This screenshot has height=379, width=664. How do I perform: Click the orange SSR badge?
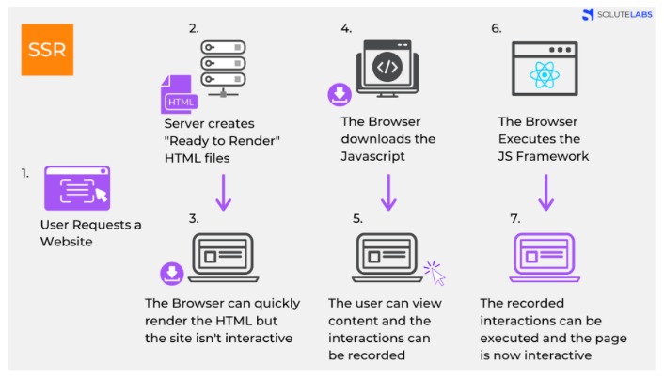click(x=47, y=49)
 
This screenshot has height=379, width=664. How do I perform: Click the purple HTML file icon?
click(x=180, y=95)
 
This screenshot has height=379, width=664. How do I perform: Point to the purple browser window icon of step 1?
click(x=77, y=188)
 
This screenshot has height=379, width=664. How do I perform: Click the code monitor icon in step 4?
click(x=387, y=69)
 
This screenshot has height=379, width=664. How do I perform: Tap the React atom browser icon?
click(x=543, y=71)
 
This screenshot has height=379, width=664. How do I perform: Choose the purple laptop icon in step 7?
click(x=543, y=257)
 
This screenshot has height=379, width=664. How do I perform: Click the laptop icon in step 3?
click(x=224, y=258)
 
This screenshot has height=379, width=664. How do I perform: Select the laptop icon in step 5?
click(x=386, y=258)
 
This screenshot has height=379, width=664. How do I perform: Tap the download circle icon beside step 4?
click(x=338, y=93)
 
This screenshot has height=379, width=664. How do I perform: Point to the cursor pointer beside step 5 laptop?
click(x=435, y=273)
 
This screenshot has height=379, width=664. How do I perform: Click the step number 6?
click(x=496, y=28)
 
